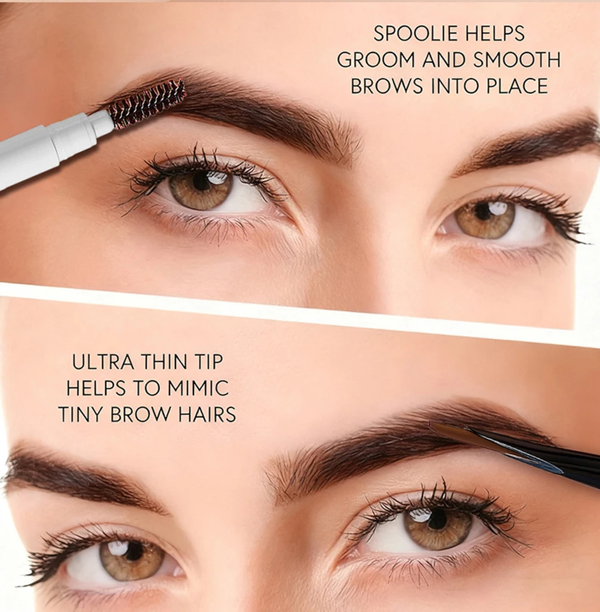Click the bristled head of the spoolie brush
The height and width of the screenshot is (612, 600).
pyautogui.click(x=147, y=104)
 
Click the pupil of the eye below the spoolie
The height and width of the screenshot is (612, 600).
pyautogui.click(x=201, y=181)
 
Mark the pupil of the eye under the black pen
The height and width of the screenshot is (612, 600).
pyautogui.click(x=438, y=518)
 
